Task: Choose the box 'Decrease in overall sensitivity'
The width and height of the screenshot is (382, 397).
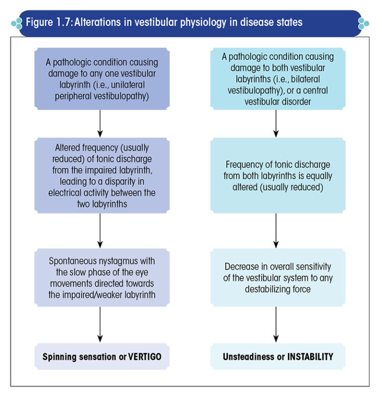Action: [x=277, y=278]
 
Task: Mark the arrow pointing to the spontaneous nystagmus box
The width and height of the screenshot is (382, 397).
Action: [x=100, y=231]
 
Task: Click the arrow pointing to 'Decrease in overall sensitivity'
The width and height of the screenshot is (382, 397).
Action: [x=277, y=231]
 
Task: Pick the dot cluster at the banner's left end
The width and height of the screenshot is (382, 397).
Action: [x=17, y=23]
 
